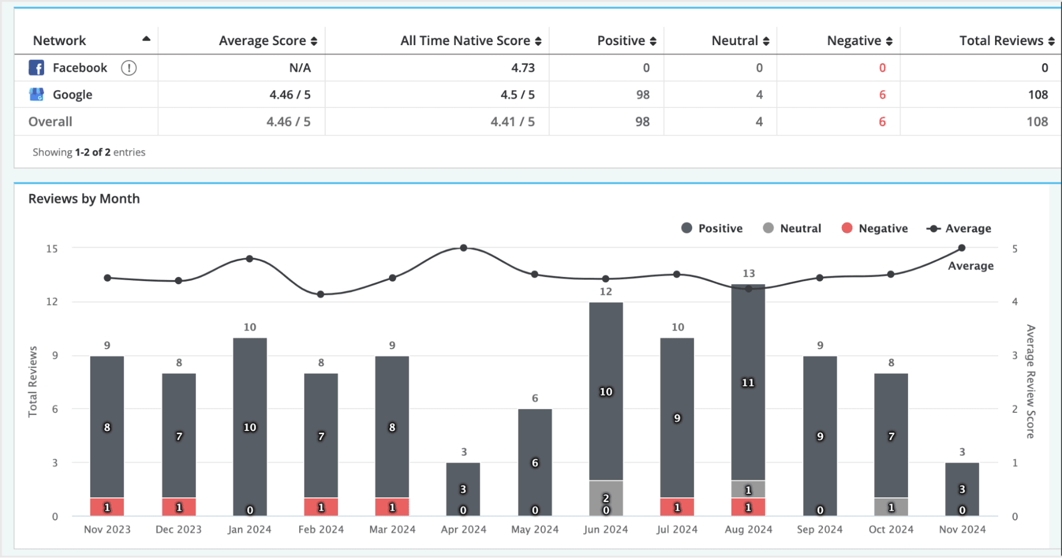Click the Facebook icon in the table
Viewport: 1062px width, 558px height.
point(36,68)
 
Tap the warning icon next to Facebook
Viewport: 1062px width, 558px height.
point(129,68)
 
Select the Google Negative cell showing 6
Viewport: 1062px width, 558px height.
point(882,95)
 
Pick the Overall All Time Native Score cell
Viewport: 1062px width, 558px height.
point(512,122)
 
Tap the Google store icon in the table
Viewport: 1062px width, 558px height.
point(36,95)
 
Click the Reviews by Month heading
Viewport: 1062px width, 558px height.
point(84,199)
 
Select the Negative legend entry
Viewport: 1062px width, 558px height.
point(875,229)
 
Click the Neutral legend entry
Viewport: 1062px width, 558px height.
point(792,229)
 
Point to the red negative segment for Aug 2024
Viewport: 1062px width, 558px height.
point(748,507)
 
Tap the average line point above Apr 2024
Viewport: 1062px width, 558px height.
point(463,248)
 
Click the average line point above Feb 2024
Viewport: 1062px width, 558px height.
point(320,294)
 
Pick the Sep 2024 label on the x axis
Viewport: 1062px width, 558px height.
point(820,529)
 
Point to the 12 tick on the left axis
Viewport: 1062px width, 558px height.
point(52,302)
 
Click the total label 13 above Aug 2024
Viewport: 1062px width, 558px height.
point(749,274)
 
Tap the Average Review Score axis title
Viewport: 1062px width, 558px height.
point(1030,382)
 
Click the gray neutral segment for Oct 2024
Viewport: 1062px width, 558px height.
point(891,506)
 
